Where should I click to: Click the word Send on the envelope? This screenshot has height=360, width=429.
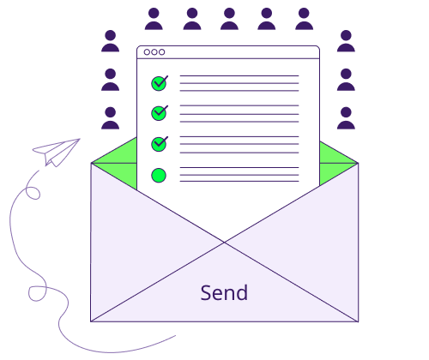[224, 292]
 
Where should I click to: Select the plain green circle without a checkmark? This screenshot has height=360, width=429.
[159, 175]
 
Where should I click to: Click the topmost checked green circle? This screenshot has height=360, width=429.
[160, 83]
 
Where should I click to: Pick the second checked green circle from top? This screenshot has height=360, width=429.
[160, 113]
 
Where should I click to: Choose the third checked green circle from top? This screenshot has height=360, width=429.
[160, 144]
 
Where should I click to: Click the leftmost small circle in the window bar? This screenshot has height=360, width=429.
[147, 52]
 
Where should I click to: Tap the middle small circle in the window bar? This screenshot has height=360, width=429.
[154, 52]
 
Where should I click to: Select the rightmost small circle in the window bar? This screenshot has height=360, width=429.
[162, 52]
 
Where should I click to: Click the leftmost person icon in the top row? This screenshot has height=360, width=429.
[154, 19]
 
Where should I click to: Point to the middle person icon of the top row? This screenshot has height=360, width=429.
[229, 19]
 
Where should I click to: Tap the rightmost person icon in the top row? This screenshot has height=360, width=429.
[304, 19]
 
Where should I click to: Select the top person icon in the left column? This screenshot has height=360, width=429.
[111, 41]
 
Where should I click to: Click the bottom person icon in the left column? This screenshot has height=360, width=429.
[111, 118]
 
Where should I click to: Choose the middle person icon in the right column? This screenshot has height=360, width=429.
[346, 80]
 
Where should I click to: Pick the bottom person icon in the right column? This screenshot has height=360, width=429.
[346, 118]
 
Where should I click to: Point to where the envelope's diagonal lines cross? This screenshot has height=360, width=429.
[225, 243]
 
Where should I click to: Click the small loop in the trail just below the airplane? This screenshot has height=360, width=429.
[33, 193]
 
